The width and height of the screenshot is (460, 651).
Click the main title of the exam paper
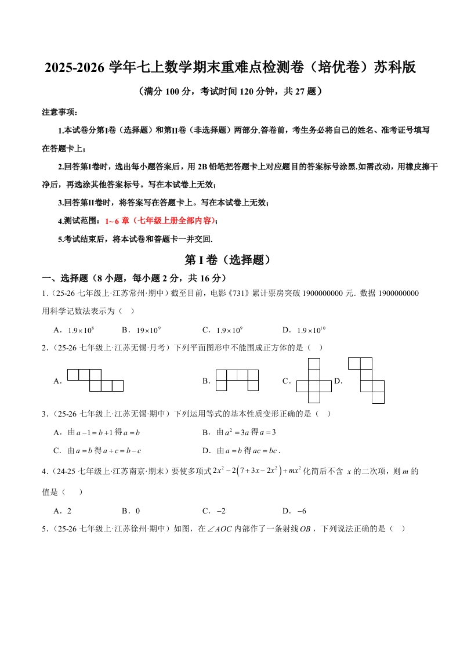coord(230,68)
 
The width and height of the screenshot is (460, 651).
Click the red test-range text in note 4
coord(160,220)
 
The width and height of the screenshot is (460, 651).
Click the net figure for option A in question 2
coord(95,380)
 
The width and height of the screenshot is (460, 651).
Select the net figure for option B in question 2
coord(237,380)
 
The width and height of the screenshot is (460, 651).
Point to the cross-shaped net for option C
coord(314,381)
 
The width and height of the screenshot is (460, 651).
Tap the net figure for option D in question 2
coord(366,380)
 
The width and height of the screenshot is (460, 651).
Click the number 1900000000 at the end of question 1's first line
coord(398,294)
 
